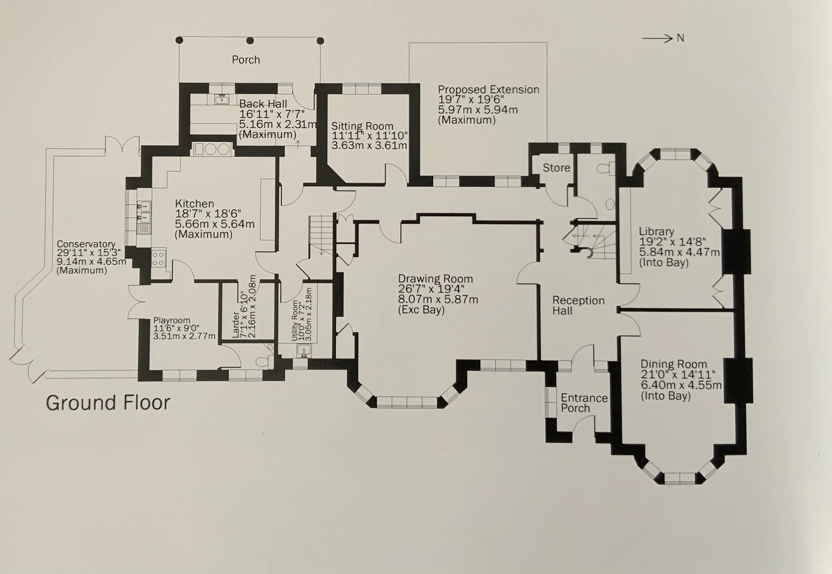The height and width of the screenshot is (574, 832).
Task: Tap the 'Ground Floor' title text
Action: [x=108, y=403]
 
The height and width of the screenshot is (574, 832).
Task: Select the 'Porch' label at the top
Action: [x=246, y=60]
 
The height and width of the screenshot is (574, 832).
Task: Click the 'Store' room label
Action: [x=556, y=168]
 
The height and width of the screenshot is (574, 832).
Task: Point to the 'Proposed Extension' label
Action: [x=488, y=89]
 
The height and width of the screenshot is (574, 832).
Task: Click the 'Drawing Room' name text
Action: [x=435, y=279]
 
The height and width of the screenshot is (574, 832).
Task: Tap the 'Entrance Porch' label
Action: [x=584, y=403]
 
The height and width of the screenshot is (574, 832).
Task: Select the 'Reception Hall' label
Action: [x=578, y=305]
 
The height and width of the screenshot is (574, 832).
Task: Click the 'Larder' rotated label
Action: [x=236, y=325]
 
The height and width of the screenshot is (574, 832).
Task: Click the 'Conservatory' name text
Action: [x=86, y=244]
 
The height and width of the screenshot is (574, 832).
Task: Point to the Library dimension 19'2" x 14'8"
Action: [x=672, y=242]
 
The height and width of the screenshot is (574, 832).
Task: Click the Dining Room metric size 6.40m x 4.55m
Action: [x=681, y=385]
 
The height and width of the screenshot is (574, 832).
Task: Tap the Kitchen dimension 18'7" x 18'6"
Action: [x=208, y=214]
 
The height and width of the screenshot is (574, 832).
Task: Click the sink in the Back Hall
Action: [x=222, y=99]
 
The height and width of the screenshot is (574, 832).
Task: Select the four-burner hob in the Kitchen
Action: [x=158, y=258]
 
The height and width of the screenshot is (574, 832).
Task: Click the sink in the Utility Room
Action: [x=304, y=351]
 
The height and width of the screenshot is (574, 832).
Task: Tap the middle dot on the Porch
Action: [x=250, y=41]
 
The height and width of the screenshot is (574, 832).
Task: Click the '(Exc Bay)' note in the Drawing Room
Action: [x=421, y=310]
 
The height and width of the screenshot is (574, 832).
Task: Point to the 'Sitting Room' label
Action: [x=362, y=126]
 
